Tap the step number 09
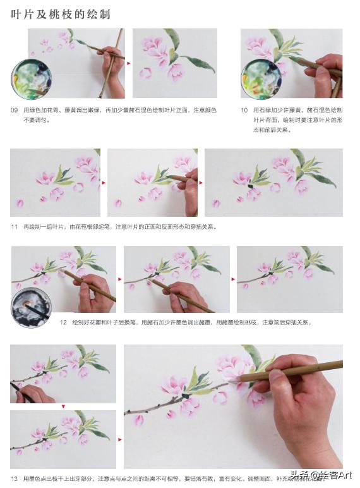pos(14,110)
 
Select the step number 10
pos(244,110)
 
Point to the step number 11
pos(14,226)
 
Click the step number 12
pos(63,322)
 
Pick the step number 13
pos(14,478)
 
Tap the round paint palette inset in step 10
pos(260,79)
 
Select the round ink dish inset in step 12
pos(31,307)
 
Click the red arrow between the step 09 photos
pos(129,63)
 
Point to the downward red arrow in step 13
pos(63,406)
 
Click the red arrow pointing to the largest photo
pos(120,439)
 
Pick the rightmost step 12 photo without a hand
pos(289,278)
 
